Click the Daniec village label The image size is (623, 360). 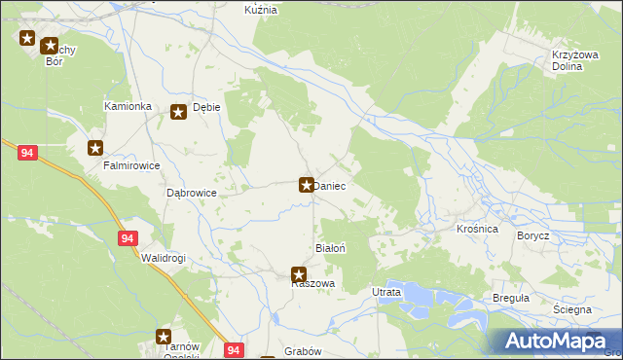[330, 185]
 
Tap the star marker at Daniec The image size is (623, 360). [306, 184]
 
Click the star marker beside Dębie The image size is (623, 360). [179, 112]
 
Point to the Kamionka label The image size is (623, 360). [128, 105]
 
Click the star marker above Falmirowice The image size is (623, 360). [95, 148]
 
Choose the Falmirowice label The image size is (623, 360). [131, 165]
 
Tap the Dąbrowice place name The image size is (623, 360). [191, 194]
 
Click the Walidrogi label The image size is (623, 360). [163, 258]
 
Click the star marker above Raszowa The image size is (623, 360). [299, 274]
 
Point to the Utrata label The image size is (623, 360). [386, 292]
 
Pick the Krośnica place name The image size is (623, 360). [477, 228]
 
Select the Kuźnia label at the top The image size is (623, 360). [261, 9]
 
